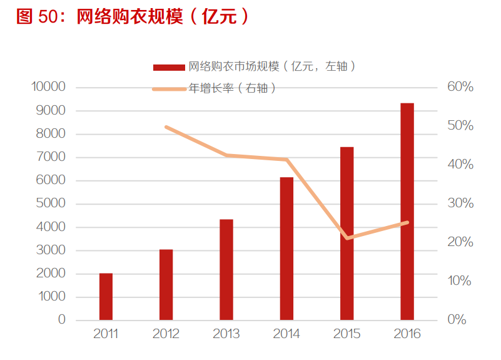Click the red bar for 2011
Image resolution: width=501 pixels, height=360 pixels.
click(x=106, y=297)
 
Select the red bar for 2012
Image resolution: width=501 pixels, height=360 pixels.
click(x=166, y=285)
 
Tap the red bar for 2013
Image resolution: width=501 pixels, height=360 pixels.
click(x=226, y=270)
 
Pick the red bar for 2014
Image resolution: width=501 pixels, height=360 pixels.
click(x=286, y=249)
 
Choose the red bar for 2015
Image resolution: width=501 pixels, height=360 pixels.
click(x=347, y=234)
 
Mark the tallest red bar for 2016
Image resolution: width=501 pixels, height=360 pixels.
click(x=407, y=212)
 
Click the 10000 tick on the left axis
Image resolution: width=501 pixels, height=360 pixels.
click(x=49, y=87)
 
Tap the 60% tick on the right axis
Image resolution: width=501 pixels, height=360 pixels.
click(x=460, y=87)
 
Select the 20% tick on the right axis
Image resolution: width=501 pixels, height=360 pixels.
click(x=460, y=242)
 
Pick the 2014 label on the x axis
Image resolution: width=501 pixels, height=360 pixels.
click(x=286, y=334)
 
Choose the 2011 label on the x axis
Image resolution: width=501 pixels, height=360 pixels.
click(x=106, y=334)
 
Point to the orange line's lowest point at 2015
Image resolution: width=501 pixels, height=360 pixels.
click(x=347, y=238)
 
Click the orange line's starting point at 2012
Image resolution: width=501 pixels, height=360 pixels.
click(x=166, y=126)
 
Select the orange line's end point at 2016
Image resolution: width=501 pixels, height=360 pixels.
click(x=407, y=222)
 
